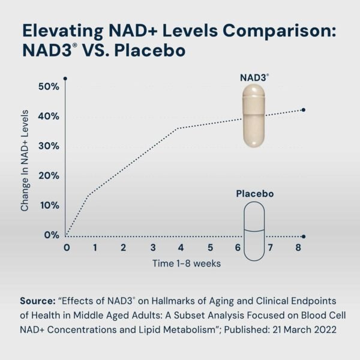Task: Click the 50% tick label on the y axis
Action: pyautogui.click(x=47, y=86)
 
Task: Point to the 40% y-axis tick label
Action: pyautogui.click(x=47, y=116)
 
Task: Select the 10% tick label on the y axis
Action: pyautogui.click(x=47, y=205)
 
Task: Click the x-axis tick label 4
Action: pyautogui.click(x=181, y=247)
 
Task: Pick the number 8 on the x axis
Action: pyautogui.click(x=298, y=247)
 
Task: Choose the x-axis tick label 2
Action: pyautogui.click(x=123, y=247)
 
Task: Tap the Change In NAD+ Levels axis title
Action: pyautogui.click(x=25, y=160)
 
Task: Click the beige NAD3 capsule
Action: pyautogui.click(x=254, y=116)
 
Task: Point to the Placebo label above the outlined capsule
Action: pyautogui.click(x=254, y=194)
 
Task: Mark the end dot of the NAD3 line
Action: pyautogui.click(x=304, y=110)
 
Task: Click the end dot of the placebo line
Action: pyautogui.click(x=304, y=236)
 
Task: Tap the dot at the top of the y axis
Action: pyautogui.click(x=65, y=79)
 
